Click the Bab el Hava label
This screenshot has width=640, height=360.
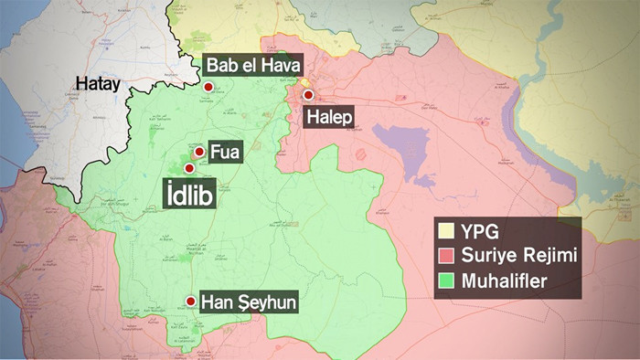[x=249, y=66]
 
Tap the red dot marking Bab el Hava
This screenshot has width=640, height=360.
[x=208, y=88]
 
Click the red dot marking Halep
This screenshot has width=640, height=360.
[x=308, y=95]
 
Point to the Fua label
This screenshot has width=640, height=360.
[x=224, y=152]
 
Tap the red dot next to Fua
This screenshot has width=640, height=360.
[x=199, y=152]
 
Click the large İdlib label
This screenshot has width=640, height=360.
[x=189, y=195]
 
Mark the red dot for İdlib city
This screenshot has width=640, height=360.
[x=190, y=167]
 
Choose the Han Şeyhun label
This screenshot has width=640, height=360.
[x=250, y=302]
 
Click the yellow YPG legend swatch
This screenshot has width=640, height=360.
[x=448, y=230]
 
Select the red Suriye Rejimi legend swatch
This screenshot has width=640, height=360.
[x=448, y=256]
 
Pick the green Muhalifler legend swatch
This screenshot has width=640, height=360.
[x=448, y=281]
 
